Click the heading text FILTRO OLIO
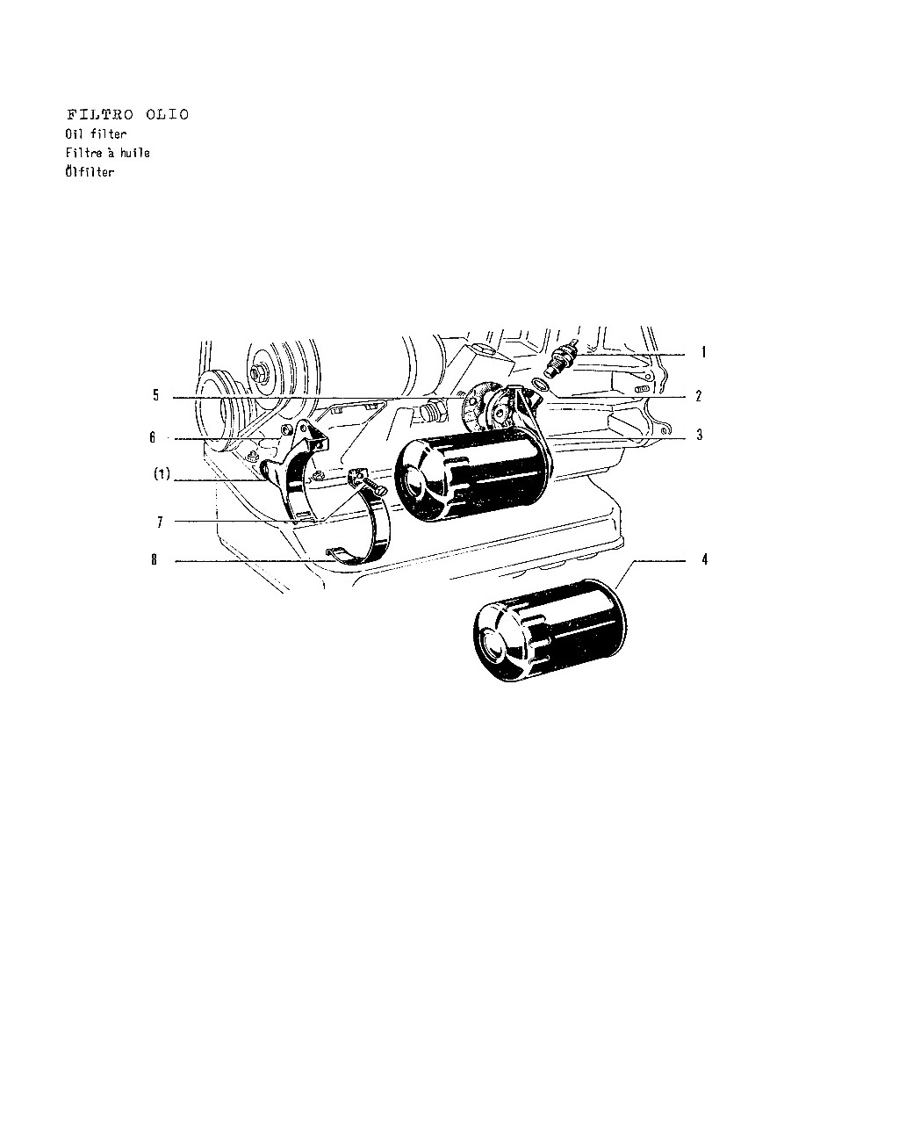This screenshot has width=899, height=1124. click(x=127, y=114)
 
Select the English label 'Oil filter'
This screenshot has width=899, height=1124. click(x=96, y=133)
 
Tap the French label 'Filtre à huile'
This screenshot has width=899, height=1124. click(x=107, y=153)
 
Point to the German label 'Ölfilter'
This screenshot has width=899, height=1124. click(x=90, y=170)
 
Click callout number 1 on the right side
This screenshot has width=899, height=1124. click(x=703, y=352)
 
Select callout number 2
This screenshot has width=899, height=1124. click(x=699, y=396)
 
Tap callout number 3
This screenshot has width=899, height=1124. click(x=700, y=435)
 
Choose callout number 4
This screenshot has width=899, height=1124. click(x=705, y=558)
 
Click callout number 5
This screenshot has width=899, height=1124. click(x=155, y=395)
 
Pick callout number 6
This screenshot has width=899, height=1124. click(x=153, y=436)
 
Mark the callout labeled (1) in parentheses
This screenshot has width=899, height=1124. click(x=162, y=473)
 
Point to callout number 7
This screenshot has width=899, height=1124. click(x=160, y=522)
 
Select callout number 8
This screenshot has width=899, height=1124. click(x=155, y=558)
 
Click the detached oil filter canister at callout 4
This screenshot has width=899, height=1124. click(x=550, y=630)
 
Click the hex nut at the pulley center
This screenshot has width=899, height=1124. click(x=257, y=373)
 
